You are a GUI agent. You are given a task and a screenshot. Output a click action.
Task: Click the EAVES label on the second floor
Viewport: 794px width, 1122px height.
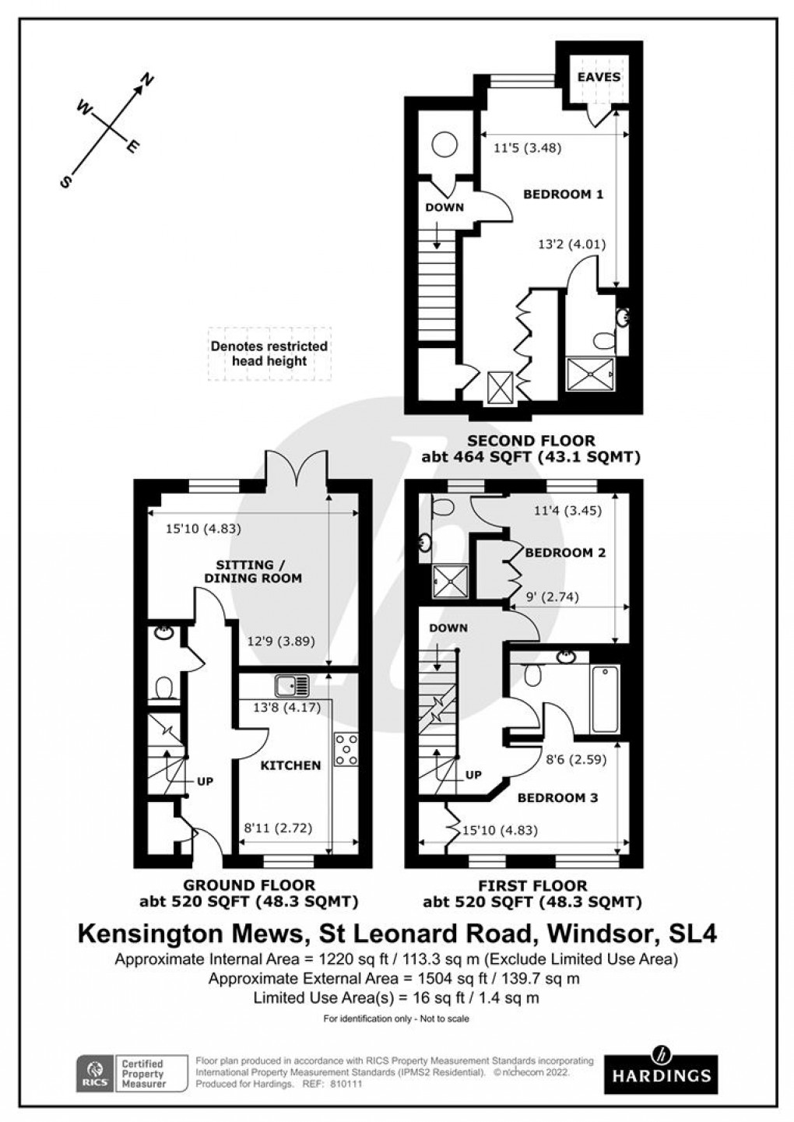tap(599, 77)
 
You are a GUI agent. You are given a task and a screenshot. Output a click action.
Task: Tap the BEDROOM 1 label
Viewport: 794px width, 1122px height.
tap(563, 194)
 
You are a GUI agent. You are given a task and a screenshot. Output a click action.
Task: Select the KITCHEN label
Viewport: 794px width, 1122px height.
tap(290, 765)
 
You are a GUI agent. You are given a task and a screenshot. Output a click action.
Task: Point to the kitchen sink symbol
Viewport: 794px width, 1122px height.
tap(292, 686)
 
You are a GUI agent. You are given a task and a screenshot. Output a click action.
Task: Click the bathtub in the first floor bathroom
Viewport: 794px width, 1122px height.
tap(605, 698)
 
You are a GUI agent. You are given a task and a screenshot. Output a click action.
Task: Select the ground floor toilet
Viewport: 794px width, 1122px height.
tap(164, 688)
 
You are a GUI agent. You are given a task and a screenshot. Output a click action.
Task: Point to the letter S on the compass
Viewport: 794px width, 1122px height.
tap(66, 181)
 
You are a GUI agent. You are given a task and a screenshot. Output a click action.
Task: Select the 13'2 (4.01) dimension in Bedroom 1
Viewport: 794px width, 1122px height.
tap(571, 244)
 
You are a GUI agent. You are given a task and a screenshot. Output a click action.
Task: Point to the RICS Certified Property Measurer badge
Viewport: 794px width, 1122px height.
tap(132, 1073)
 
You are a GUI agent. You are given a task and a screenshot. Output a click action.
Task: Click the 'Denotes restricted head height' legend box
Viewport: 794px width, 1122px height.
tap(269, 353)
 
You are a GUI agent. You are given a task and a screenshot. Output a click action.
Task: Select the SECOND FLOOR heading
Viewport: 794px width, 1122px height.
tap(531, 441)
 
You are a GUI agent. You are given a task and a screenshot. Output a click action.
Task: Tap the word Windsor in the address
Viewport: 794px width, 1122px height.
tap(600, 933)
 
